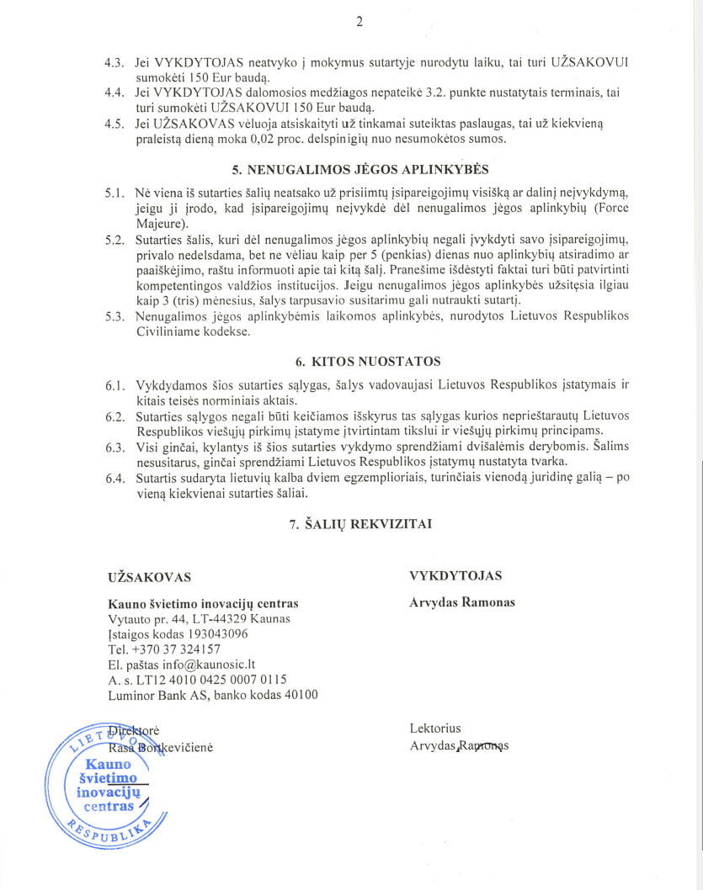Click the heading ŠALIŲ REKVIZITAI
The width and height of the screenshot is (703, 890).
click(360, 523)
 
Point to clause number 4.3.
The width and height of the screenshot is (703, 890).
click(115, 64)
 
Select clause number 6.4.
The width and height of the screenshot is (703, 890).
click(115, 479)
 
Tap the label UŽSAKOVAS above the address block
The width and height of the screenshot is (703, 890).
click(149, 578)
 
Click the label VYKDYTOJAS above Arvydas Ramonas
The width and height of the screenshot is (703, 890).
click(455, 575)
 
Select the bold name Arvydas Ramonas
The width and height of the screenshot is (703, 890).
click(462, 602)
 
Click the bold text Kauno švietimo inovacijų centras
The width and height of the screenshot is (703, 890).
click(203, 604)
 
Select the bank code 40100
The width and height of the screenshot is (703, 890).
click(300, 695)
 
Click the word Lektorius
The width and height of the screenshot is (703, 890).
click(435, 728)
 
